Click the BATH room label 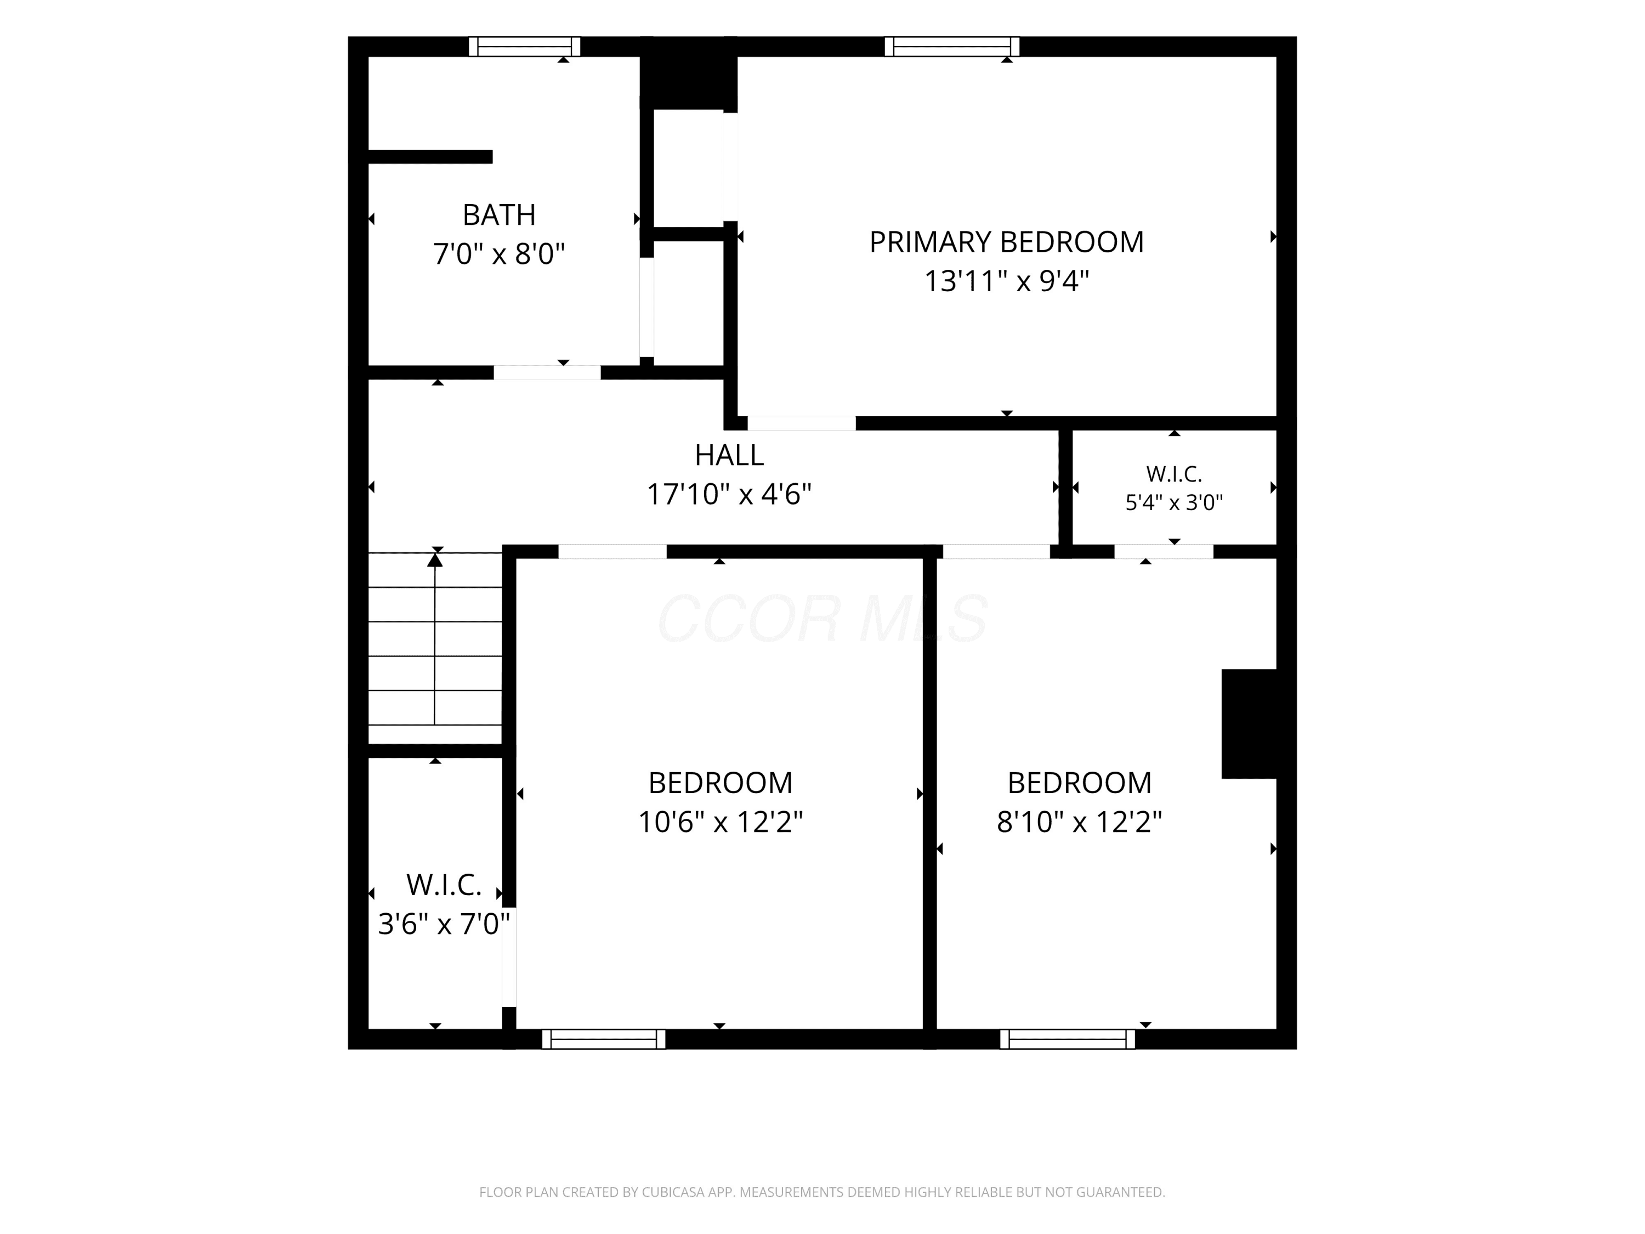499,215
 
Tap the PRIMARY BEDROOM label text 1006,242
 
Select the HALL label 729,455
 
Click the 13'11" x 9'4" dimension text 1006,282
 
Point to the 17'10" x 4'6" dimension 729,495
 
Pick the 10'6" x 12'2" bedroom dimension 721,822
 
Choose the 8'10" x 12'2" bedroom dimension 1079,822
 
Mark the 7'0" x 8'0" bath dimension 499,254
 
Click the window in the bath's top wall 524,46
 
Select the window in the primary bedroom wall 952,46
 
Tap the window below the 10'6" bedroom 604,1039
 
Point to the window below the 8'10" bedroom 1068,1039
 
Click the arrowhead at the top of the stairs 435,559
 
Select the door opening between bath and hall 547,372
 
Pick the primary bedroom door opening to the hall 802,423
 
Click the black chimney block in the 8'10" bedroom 1249,724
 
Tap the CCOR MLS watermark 822,619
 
